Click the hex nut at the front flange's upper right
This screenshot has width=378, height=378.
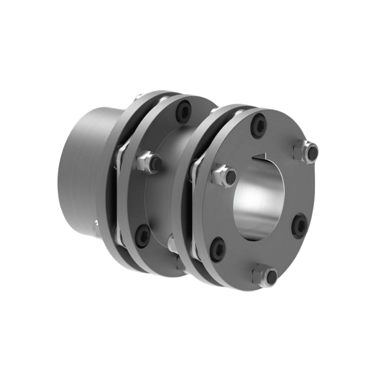coord(306,151)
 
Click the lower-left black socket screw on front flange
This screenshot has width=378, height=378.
coord(218,248)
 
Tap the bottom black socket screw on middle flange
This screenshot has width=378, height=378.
coord(143,236)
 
